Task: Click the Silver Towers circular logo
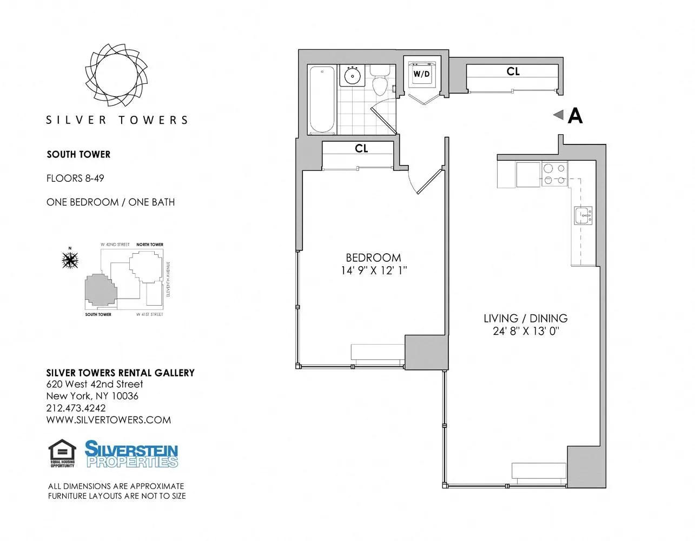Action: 116,74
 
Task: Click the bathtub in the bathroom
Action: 322,100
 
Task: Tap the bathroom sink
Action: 353,76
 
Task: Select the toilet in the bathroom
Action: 379,81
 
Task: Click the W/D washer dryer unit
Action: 421,74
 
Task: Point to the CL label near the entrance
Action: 513,71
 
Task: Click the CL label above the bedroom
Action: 361,148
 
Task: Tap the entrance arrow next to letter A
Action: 558,115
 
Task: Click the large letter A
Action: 575,116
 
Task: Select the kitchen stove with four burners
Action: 554,174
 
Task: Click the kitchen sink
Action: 583,215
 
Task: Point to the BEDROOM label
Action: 373,258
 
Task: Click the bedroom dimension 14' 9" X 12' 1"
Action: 373,270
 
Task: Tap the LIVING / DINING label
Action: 525,318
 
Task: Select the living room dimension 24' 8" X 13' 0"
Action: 525,331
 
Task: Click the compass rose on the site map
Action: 70,260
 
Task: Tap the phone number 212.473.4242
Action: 76,408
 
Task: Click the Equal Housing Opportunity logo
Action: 62,453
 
